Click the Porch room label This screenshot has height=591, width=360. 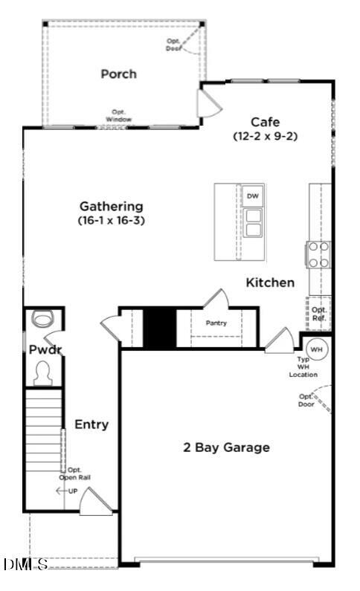(119, 74)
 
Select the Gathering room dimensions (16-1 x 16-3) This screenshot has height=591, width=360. (112, 220)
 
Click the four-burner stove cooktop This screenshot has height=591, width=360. (319, 254)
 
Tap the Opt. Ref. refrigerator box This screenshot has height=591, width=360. (319, 314)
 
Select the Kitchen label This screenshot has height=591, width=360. (270, 282)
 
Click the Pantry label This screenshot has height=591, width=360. (216, 323)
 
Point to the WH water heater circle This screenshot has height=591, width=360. (316, 349)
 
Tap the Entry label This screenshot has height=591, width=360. (91, 424)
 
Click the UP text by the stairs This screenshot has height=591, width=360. (72, 491)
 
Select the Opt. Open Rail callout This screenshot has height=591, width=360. (74, 474)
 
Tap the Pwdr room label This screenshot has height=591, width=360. (42, 349)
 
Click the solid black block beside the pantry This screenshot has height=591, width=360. (158, 327)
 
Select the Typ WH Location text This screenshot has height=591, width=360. (303, 367)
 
